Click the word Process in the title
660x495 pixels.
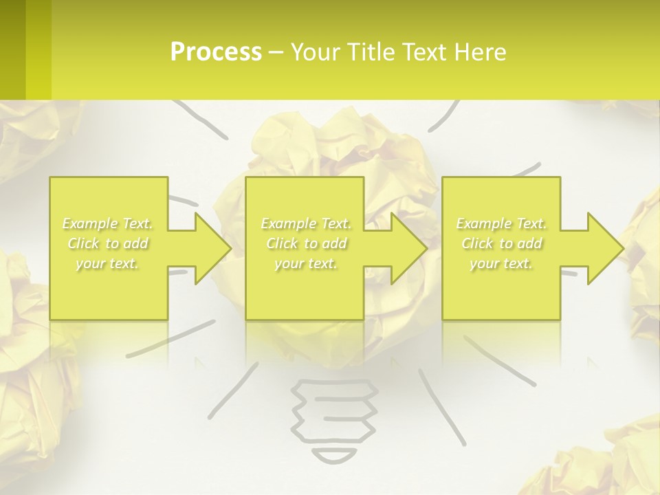point(216,52)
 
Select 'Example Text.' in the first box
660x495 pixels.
point(107,223)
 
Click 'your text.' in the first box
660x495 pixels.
point(107,263)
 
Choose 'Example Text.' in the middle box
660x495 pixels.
point(306,223)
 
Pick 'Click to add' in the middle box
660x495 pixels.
point(306,243)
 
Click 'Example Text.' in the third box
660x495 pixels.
point(501,223)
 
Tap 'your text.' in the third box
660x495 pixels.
point(501,263)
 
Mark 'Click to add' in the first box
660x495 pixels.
point(107,243)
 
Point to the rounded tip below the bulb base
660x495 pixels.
point(335,456)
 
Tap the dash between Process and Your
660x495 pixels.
point(276,52)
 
